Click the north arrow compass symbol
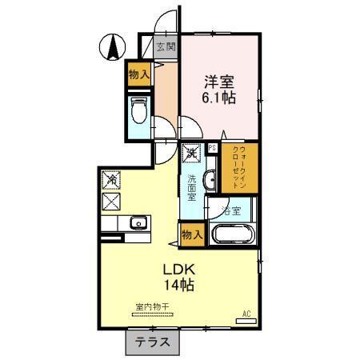click(x=113, y=46)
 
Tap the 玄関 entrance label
click(x=166, y=46)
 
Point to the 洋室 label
click(x=217, y=81)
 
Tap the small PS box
click(x=211, y=148)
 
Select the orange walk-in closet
click(x=244, y=168)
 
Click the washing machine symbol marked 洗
click(x=193, y=152)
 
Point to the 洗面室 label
click(x=193, y=186)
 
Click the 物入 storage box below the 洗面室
click(x=192, y=234)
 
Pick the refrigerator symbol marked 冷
click(x=111, y=182)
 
